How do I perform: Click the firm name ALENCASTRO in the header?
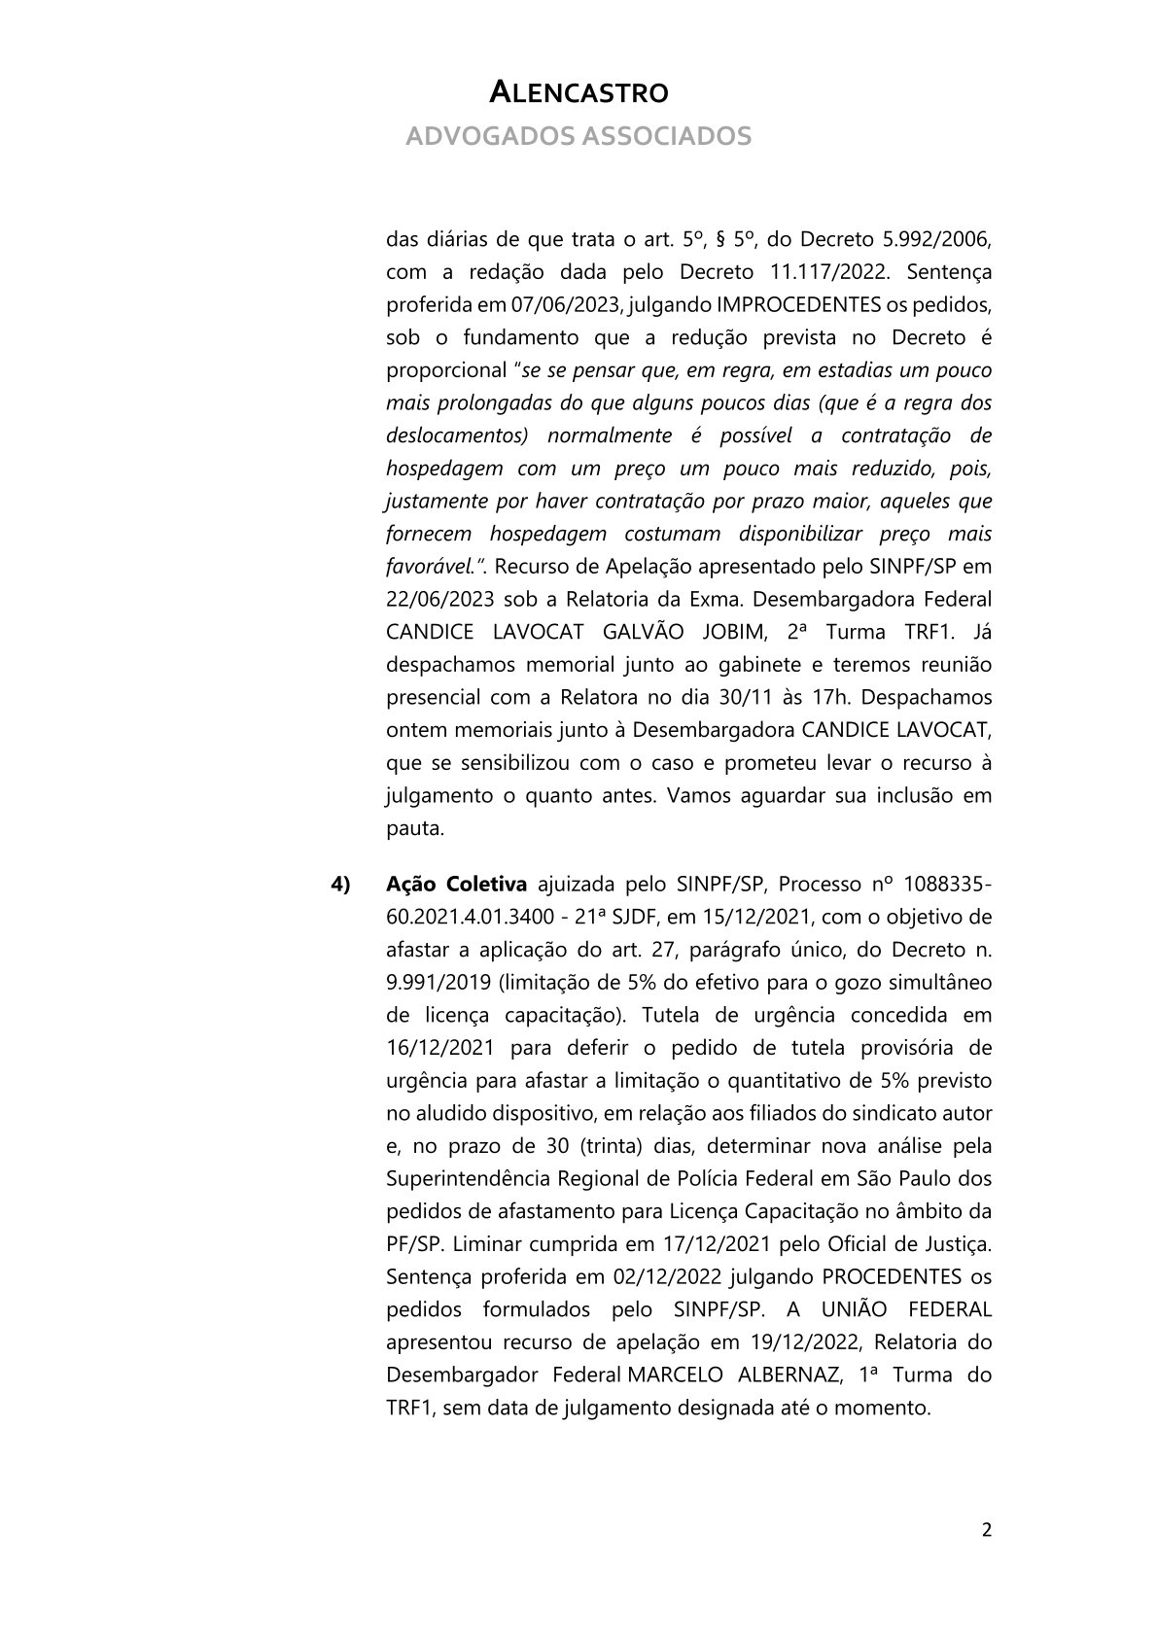click(x=578, y=92)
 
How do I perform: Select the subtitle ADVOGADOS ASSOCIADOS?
click(x=578, y=135)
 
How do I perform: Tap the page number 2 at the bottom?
click(x=987, y=1531)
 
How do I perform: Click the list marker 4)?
click(x=340, y=884)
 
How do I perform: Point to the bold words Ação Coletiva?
click(x=456, y=884)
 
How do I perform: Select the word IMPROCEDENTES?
click(x=798, y=304)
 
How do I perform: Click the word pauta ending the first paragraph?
click(x=413, y=828)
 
